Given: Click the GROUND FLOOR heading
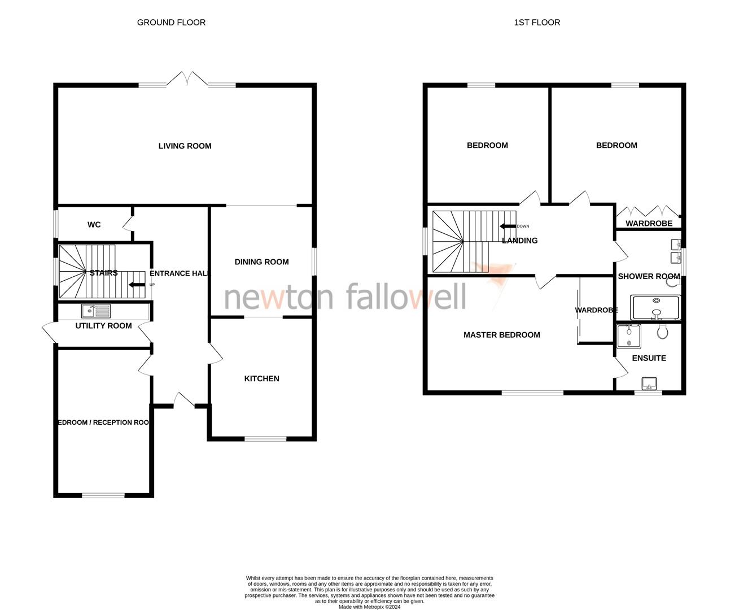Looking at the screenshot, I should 171,23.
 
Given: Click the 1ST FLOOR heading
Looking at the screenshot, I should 536,23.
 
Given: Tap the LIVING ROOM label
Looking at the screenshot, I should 185,146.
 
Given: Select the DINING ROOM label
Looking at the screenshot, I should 261,262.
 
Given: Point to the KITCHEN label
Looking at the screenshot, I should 261,378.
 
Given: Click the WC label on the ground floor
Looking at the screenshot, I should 94,225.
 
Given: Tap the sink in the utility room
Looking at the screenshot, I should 96,311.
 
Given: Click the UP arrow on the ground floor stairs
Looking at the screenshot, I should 137,285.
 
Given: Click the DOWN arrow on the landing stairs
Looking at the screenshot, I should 508,226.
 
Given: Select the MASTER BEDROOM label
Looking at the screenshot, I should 501,335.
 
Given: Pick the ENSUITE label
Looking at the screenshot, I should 649,358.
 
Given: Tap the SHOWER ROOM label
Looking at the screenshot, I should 649,276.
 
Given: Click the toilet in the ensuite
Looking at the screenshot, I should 662,331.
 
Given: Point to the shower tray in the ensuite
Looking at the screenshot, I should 628,336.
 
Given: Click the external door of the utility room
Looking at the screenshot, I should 50,333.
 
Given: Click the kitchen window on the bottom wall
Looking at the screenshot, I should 265,438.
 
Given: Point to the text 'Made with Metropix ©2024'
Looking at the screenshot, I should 369,607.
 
